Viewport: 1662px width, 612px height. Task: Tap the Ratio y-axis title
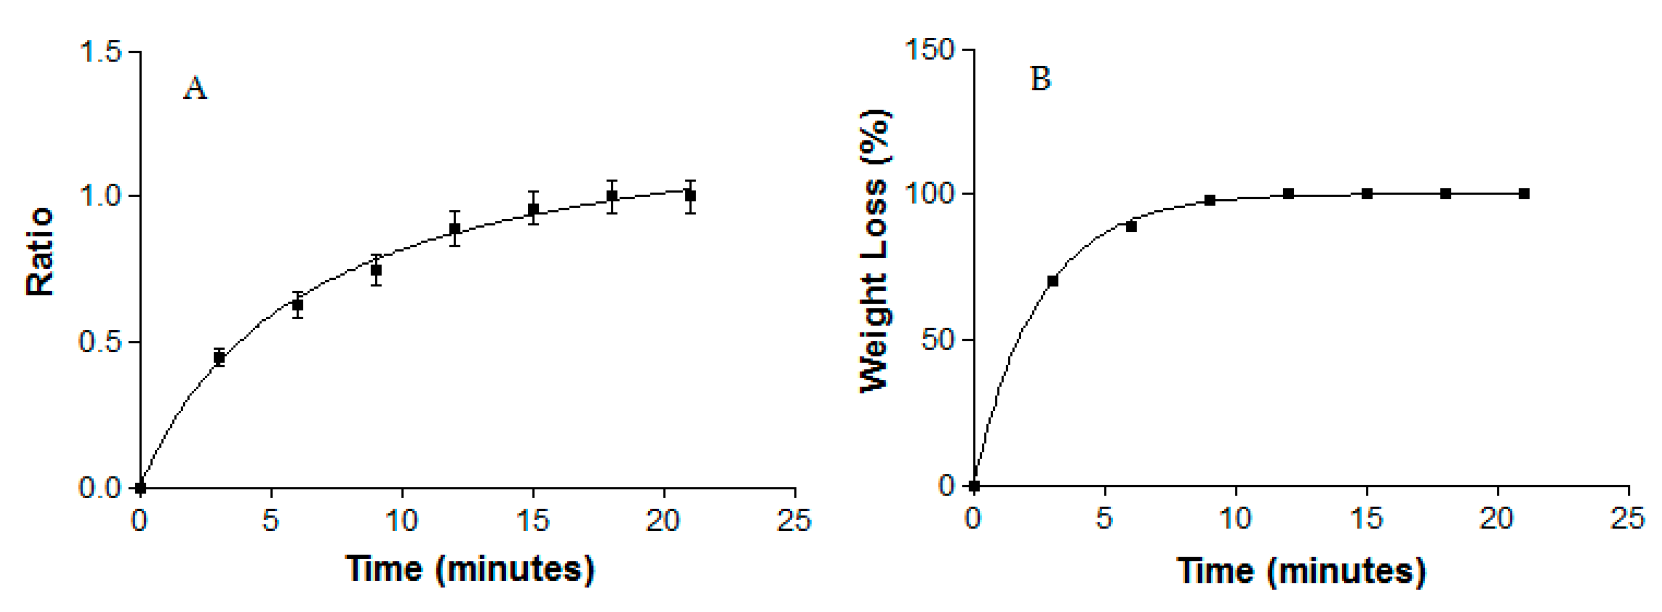tap(40, 251)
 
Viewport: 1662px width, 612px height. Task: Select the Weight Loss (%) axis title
tap(876, 251)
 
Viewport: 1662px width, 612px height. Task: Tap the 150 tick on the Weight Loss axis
tap(929, 50)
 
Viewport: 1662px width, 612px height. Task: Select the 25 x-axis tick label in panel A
tap(793, 520)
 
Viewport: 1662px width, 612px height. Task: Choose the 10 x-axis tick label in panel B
tap(1235, 518)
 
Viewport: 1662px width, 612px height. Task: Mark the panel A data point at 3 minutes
tap(219, 357)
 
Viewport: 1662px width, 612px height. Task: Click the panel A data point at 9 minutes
tap(376, 270)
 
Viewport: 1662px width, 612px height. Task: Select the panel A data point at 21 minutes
tap(690, 196)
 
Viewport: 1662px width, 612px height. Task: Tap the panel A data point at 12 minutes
tap(455, 228)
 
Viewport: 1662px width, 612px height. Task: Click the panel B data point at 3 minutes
tap(1052, 280)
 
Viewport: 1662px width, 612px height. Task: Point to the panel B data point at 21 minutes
tap(1524, 193)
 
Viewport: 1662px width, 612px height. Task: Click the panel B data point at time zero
tap(974, 486)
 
